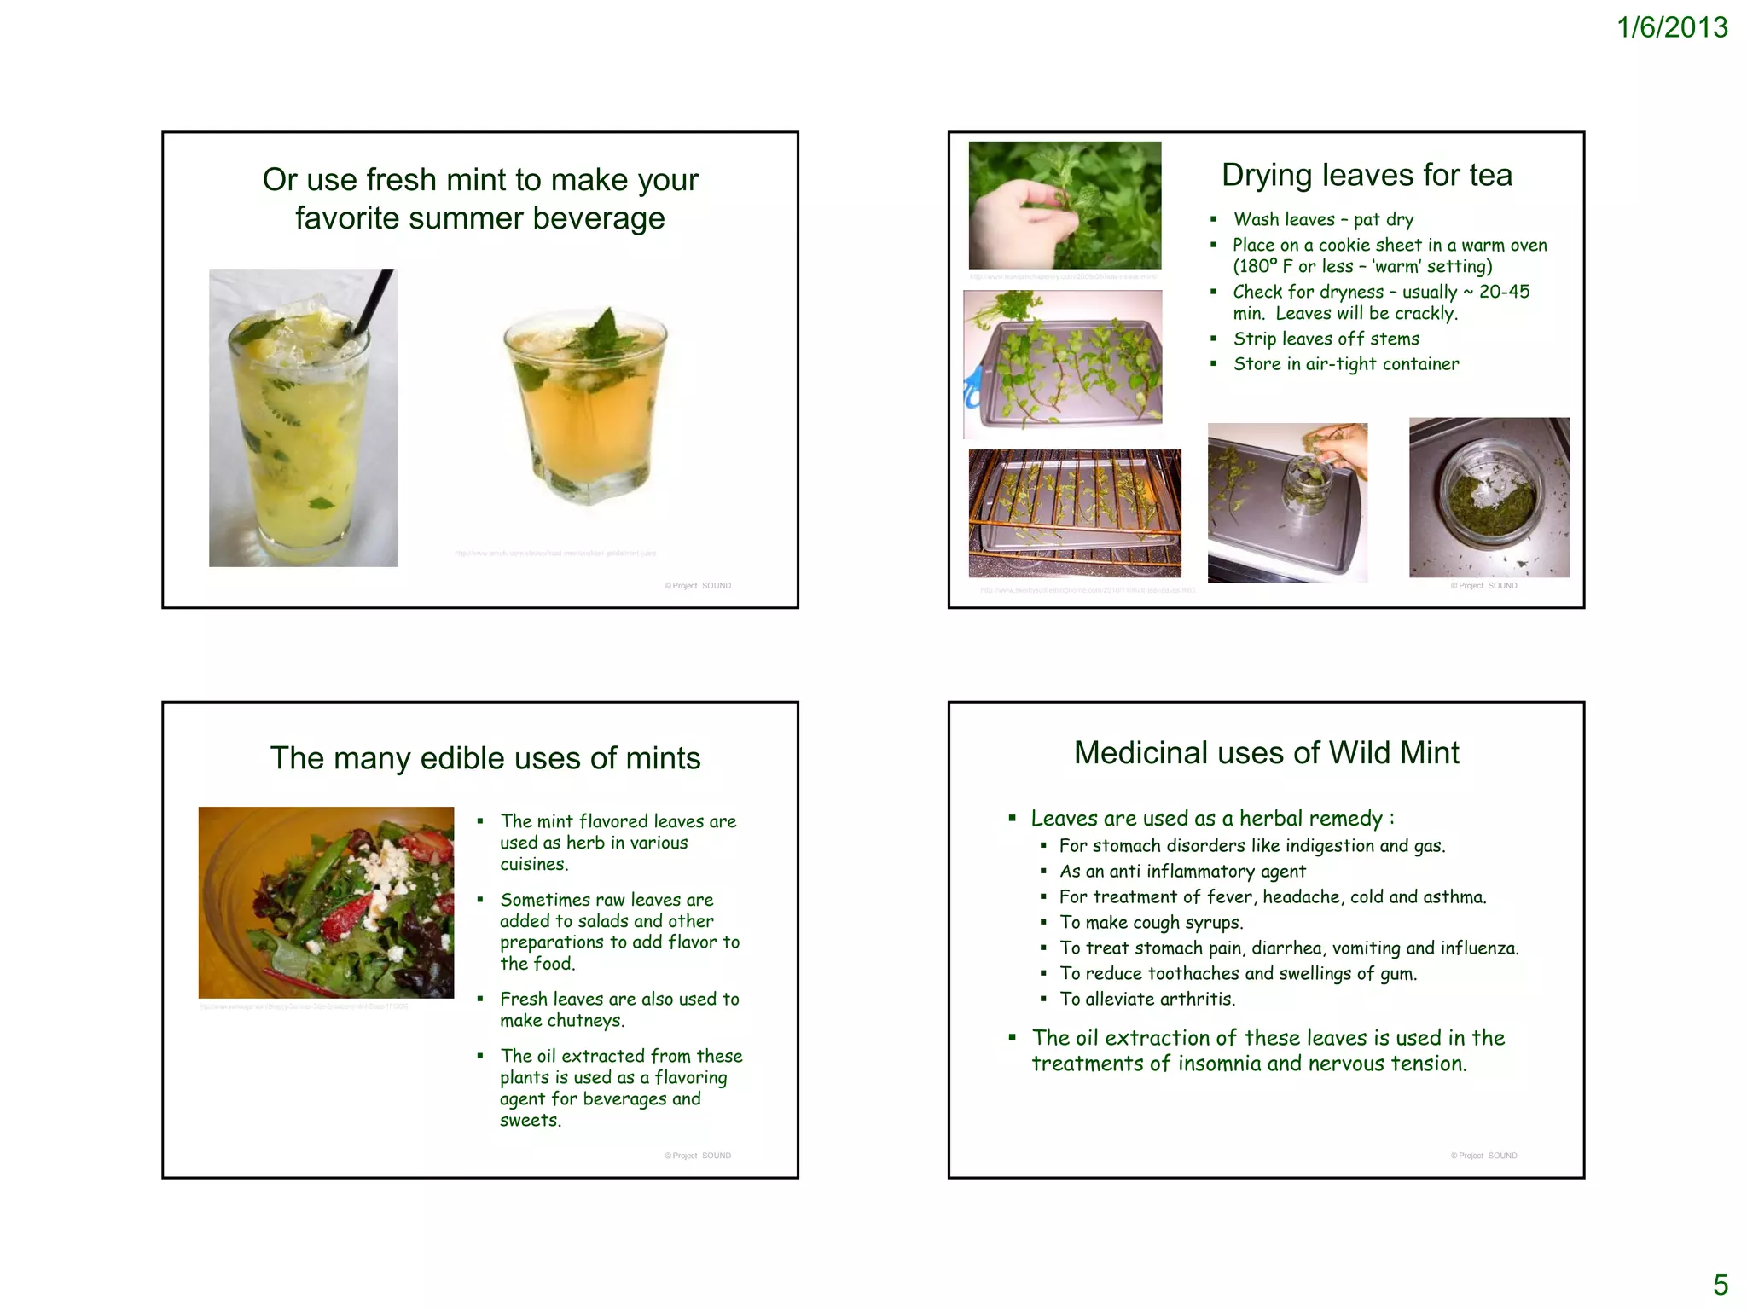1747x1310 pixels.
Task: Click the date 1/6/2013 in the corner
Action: tap(1671, 27)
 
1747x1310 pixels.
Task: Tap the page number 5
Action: tap(1720, 1284)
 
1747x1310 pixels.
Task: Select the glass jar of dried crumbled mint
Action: tap(1489, 499)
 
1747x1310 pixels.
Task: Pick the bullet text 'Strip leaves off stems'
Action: tap(1326, 339)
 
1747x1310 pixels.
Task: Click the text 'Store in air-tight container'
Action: tap(1345, 364)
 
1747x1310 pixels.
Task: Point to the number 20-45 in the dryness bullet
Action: tap(1504, 292)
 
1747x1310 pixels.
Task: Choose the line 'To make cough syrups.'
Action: tap(1151, 923)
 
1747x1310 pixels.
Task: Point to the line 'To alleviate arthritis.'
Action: tap(1146, 1000)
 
